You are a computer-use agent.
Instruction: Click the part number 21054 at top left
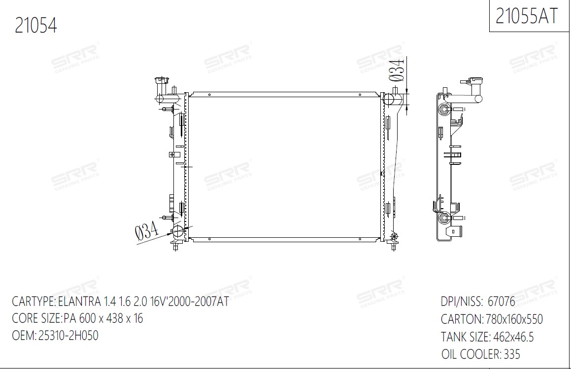click(35, 26)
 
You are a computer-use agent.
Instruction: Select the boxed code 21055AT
click(527, 16)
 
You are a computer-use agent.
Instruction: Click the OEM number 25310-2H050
click(68, 335)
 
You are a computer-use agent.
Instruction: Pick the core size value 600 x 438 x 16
click(111, 318)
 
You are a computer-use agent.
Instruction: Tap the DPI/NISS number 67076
click(502, 301)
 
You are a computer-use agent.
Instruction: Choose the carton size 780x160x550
click(514, 319)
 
